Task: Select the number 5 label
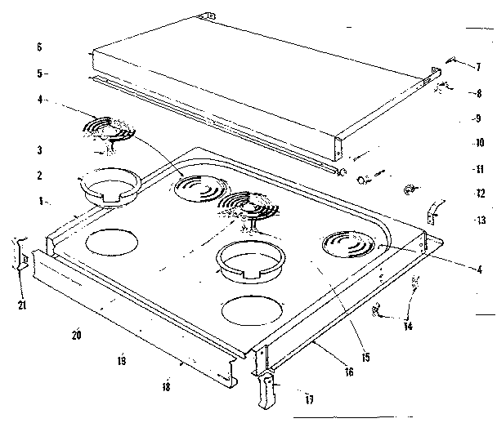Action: (38, 73)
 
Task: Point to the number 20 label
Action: (76, 335)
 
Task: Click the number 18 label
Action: (166, 387)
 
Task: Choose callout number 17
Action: (309, 399)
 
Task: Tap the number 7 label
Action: (478, 65)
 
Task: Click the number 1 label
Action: (38, 200)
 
